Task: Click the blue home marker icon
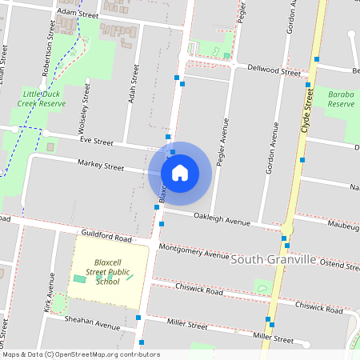(180, 172)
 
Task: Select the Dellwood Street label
(274, 70)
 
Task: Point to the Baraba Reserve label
(341, 98)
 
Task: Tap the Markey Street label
(101, 166)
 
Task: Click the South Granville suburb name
(273, 261)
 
